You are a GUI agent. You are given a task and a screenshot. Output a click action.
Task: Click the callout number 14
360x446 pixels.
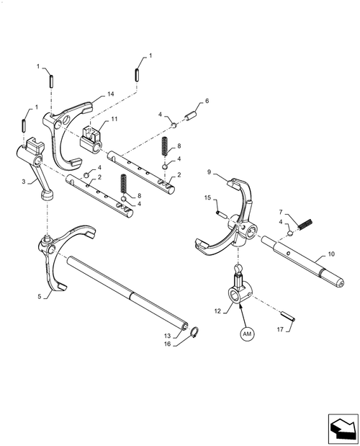(110, 94)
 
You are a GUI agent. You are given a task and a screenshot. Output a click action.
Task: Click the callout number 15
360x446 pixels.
(207, 198)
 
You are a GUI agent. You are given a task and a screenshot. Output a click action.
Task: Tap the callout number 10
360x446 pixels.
(331, 254)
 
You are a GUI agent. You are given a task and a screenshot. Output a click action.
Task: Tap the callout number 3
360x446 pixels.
(25, 184)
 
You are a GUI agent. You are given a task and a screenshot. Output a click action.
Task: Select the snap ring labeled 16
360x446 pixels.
(194, 331)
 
